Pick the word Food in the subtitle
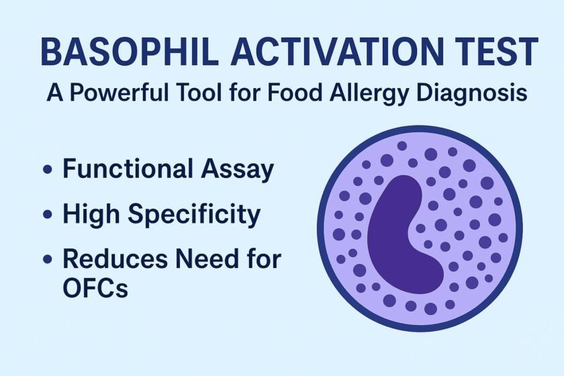tap(295, 92)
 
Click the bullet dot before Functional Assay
tap(48, 169)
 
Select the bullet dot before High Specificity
tap(48, 214)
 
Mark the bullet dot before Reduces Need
tap(48, 259)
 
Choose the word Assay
tap(238, 170)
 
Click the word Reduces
tap(115, 258)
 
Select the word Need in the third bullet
tap(207, 258)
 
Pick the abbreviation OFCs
tap(95, 287)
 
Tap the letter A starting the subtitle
tap(54, 92)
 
